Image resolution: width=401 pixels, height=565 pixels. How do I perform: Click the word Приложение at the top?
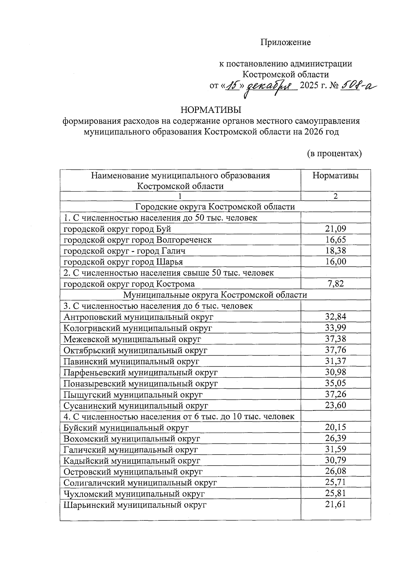(285, 42)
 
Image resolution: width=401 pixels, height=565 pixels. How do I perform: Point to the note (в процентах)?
(335, 154)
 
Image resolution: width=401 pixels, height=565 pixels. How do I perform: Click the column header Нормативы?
(336, 176)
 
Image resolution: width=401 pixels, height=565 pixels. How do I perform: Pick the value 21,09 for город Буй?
(336, 229)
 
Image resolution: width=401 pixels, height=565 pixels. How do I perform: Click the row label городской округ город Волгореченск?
(137, 240)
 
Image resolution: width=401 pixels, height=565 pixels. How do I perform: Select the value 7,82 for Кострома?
(336, 284)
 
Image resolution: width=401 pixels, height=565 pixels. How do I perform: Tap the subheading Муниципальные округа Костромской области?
(215, 295)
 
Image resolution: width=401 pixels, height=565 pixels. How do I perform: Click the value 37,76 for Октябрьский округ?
(336, 350)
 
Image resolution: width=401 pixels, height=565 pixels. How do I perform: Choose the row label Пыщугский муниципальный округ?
(133, 395)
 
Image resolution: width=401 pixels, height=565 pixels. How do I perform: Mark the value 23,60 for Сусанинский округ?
(336, 405)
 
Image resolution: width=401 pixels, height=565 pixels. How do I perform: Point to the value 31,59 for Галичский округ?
(336, 449)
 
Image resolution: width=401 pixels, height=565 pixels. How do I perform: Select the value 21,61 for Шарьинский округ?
(336, 504)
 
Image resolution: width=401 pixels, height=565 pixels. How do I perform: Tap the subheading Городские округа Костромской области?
(215, 207)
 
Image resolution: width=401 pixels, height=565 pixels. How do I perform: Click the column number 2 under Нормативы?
(336, 196)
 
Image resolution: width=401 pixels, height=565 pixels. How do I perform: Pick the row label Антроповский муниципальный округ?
(138, 317)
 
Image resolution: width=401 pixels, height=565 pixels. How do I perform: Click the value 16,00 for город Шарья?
(336, 262)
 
